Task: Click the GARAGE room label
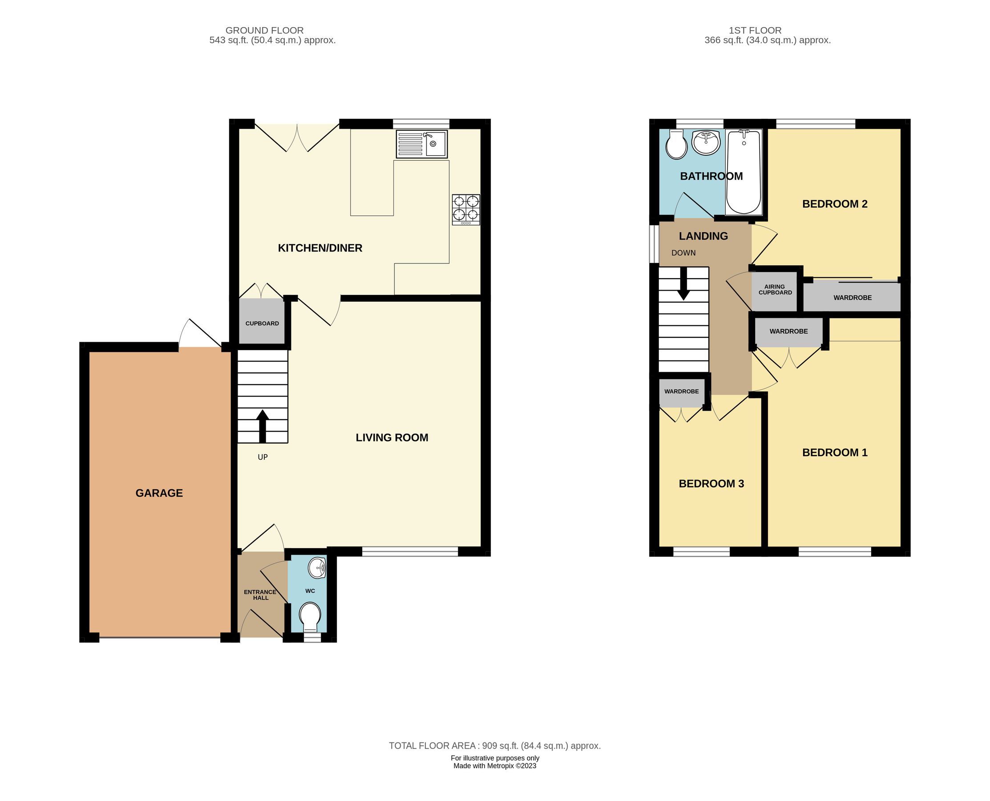point(159,493)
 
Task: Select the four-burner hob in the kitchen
point(466,209)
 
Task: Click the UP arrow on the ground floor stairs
point(263,426)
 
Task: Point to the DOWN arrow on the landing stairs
point(683,283)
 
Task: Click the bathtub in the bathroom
point(744,172)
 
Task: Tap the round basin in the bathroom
point(706,142)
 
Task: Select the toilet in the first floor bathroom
point(676,145)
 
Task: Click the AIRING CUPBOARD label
point(775,290)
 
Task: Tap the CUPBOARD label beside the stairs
point(262,324)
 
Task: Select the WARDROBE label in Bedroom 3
point(681,391)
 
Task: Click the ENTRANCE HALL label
point(260,595)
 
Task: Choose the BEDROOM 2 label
point(835,204)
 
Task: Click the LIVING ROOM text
point(392,437)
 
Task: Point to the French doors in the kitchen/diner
point(298,138)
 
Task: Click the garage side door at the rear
point(200,334)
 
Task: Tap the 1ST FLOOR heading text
point(755,30)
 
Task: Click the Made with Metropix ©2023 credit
point(494,765)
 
